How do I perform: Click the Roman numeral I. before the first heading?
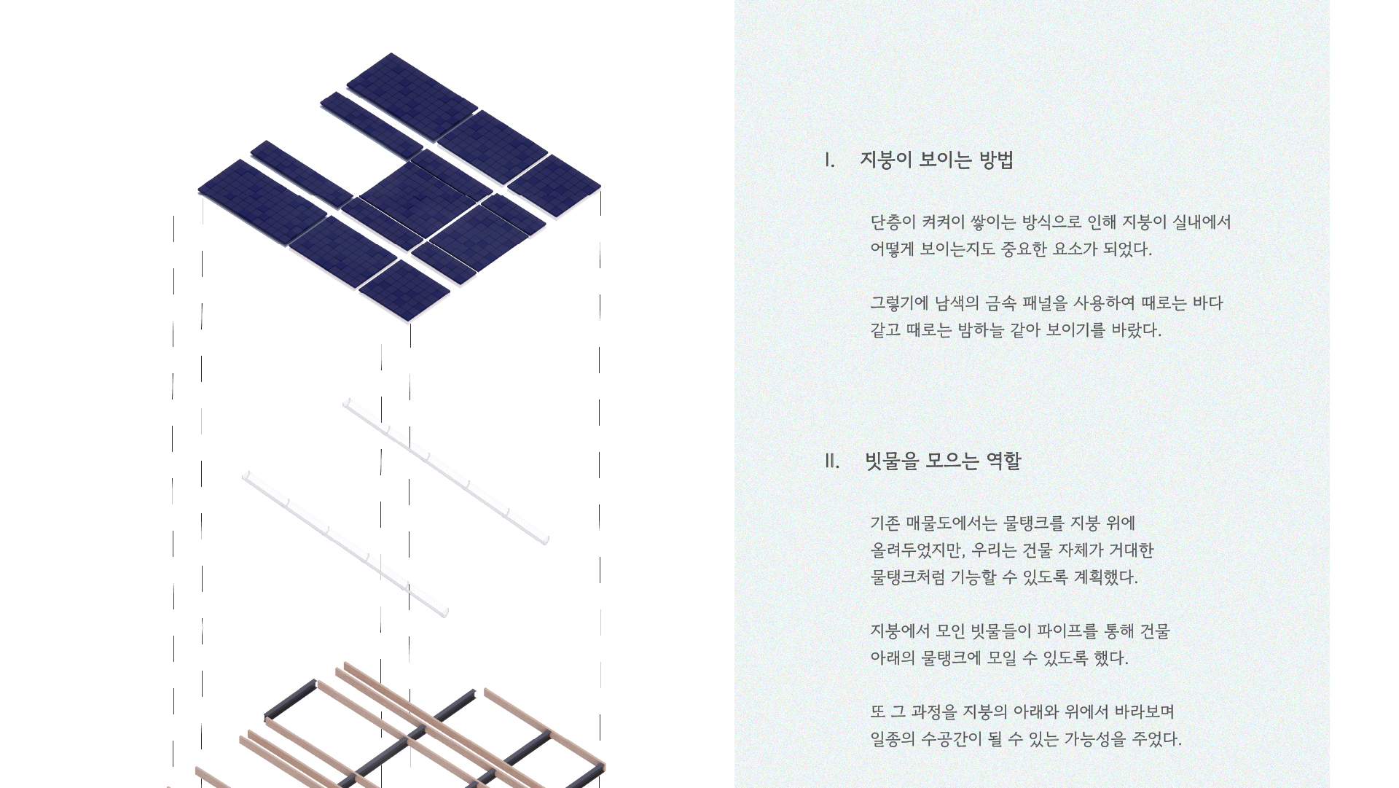coord(829,160)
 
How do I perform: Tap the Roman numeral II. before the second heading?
coord(832,461)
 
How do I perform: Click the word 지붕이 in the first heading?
coord(885,160)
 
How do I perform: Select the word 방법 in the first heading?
coord(996,160)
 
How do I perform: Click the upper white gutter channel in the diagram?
coord(446,471)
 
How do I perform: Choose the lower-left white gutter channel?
coord(345,544)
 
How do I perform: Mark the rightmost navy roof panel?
coord(554,186)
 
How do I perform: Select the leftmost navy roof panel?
coord(262,203)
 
